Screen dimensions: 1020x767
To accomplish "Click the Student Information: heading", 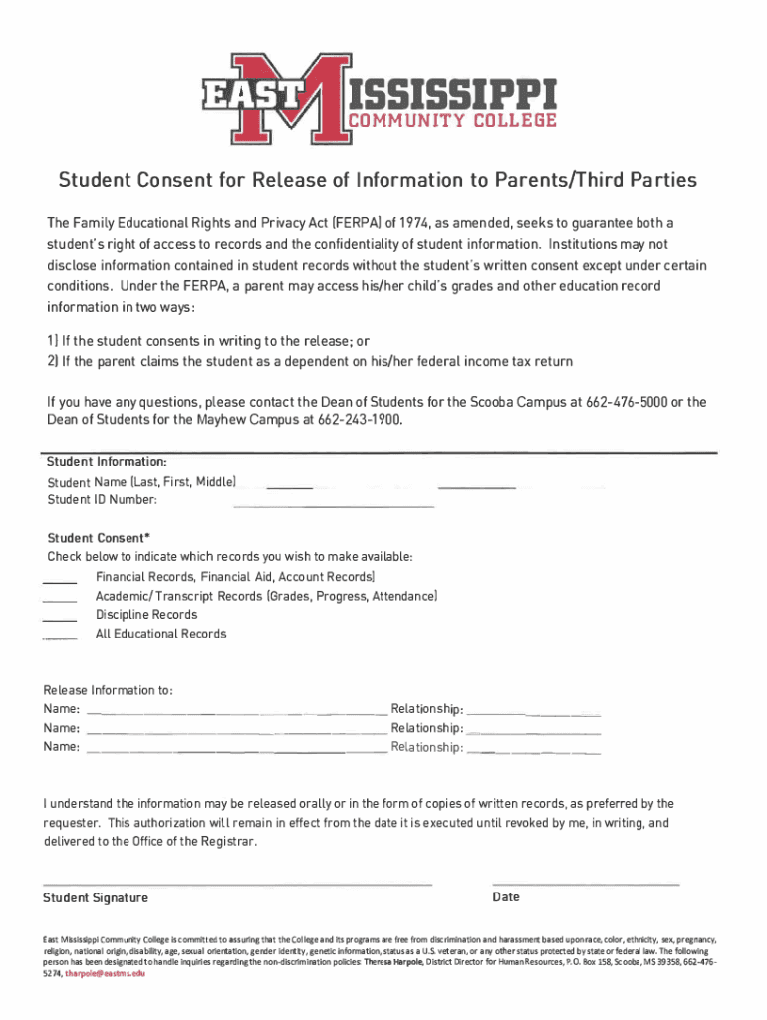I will point(107,463).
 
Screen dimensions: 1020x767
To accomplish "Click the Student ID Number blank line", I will point(334,506).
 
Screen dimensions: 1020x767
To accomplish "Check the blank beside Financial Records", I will point(60,581).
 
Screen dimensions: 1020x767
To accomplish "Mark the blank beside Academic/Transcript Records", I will point(60,600).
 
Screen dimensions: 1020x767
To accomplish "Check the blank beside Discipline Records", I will point(60,619).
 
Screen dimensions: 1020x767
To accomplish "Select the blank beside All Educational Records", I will point(60,637).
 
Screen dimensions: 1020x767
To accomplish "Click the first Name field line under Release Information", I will point(237,714).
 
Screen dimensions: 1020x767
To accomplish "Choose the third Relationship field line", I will point(534,752).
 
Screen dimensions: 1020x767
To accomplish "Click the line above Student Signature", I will point(237,884).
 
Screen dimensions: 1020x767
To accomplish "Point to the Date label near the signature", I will point(506,897).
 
